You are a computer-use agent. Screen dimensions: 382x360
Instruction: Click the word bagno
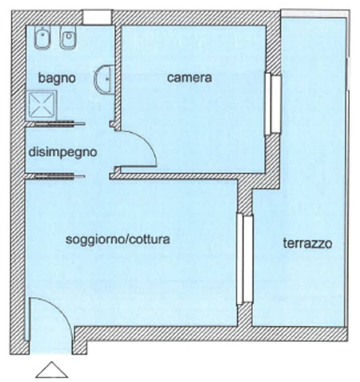(x=57, y=78)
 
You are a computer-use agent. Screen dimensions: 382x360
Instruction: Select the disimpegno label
(x=62, y=152)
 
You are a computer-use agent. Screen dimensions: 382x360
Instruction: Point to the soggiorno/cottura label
(x=118, y=239)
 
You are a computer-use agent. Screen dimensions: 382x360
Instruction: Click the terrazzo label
(x=307, y=243)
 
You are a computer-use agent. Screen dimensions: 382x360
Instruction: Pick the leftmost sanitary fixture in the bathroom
(x=42, y=38)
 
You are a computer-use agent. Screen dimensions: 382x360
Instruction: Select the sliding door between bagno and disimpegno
(x=57, y=124)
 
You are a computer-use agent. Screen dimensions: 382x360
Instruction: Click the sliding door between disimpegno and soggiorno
(x=57, y=177)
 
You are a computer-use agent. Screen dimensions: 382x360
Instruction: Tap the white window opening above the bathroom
(x=97, y=17)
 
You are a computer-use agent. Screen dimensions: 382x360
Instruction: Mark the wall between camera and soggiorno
(x=177, y=176)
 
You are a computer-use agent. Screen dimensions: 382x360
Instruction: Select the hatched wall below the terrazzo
(x=300, y=334)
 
